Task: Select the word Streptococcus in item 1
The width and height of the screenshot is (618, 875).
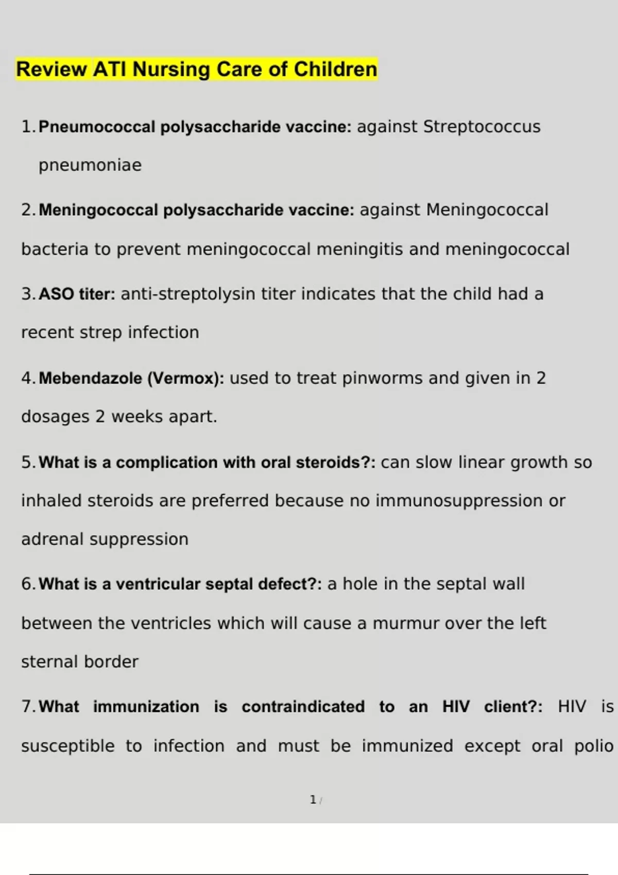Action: tap(482, 127)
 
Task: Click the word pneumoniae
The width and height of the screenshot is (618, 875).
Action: tap(90, 165)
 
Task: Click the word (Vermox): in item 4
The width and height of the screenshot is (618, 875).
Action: tap(186, 378)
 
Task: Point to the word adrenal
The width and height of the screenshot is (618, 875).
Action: tap(53, 539)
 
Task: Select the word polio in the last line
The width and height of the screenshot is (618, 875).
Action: tap(594, 746)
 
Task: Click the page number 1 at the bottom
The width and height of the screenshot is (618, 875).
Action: tap(313, 800)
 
